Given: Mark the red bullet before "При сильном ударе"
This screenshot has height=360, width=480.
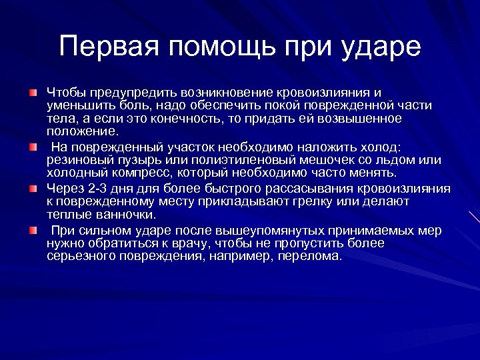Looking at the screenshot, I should point(33,231).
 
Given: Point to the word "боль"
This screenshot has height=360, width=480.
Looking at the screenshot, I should point(136,105).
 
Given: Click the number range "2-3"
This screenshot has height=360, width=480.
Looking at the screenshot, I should point(95,189).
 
